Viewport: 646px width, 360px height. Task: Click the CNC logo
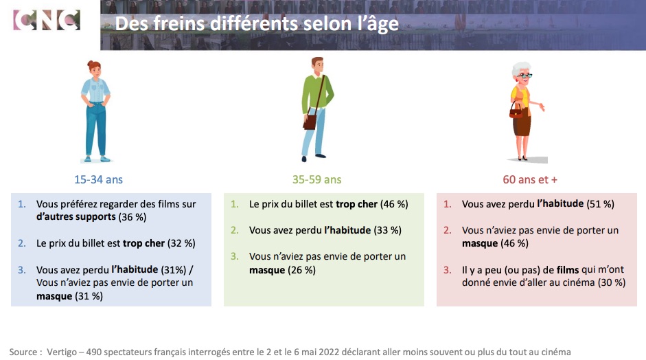click(x=47, y=20)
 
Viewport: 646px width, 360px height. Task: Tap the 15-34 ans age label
click(x=98, y=179)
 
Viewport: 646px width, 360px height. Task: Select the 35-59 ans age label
click(x=316, y=179)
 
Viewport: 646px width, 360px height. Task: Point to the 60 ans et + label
click(x=530, y=179)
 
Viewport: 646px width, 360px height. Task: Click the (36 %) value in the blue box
click(x=132, y=217)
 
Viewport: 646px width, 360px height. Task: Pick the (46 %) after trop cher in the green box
click(x=394, y=204)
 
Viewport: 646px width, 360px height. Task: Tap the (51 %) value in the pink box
click(x=600, y=204)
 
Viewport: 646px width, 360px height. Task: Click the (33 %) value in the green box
click(x=387, y=230)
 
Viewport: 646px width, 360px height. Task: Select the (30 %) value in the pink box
click(x=612, y=282)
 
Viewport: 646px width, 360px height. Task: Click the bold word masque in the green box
click(x=267, y=270)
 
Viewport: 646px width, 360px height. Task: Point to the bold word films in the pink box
click(x=568, y=270)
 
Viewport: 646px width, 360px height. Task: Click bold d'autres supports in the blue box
click(x=76, y=216)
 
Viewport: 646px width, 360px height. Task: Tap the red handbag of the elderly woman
click(x=516, y=111)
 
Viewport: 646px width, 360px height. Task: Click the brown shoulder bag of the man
click(x=310, y=122)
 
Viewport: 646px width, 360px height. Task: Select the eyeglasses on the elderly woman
click(x=524, y=76)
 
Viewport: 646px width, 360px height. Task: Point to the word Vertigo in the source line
click(x=62, y=352)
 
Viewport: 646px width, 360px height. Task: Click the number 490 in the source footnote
click(x=94, y=352)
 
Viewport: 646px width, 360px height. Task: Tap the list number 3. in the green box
click(x=234, y=256)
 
